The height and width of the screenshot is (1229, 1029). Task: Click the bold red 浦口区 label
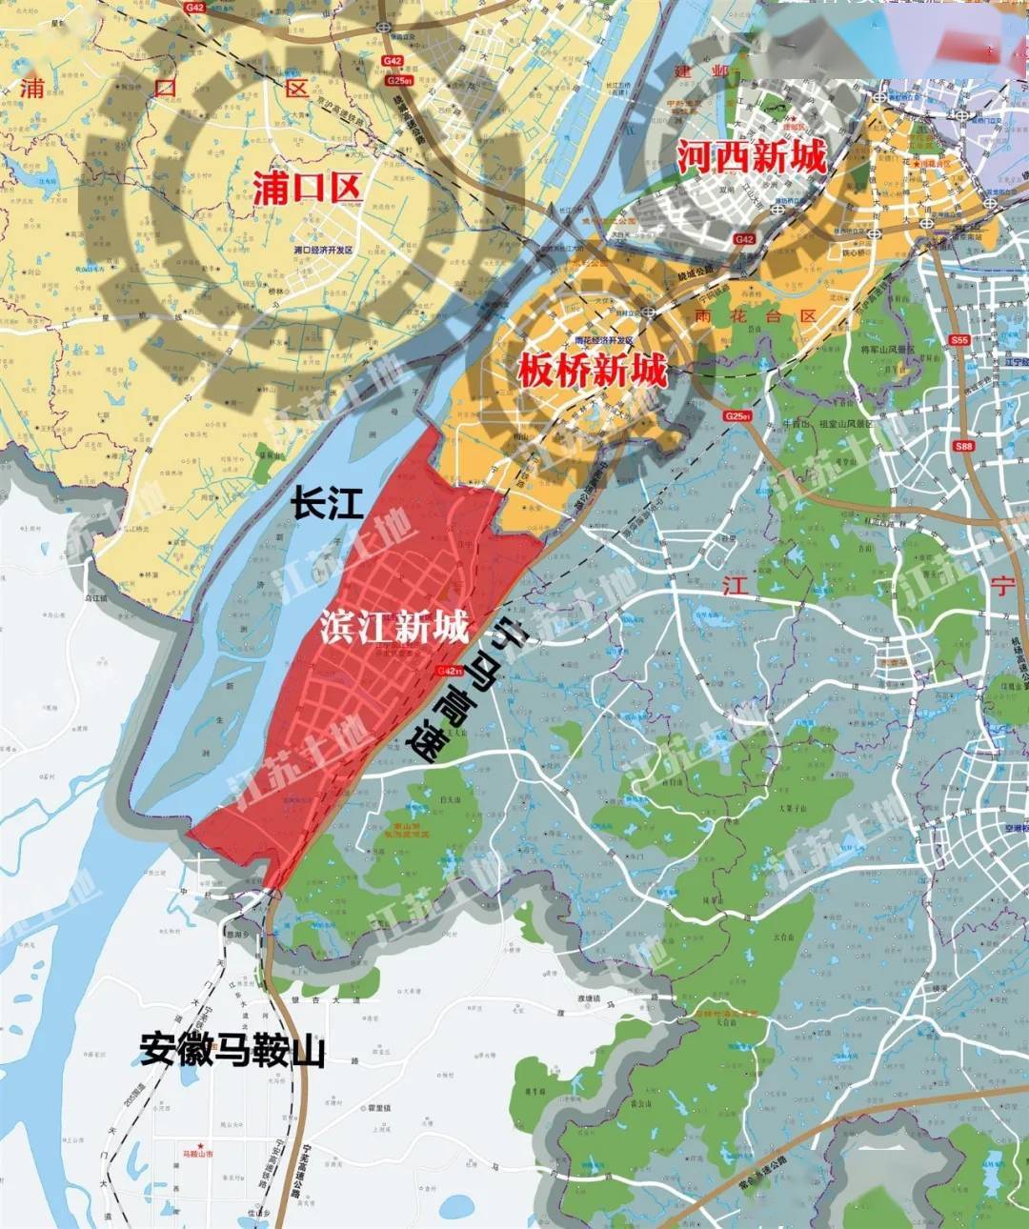pos(307,187)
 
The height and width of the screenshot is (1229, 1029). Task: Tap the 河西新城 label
pos(752,155)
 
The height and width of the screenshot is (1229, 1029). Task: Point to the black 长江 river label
pos(328,504)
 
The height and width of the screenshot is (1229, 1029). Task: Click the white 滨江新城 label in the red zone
pos(394,627)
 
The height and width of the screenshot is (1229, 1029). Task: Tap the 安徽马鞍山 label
pos(232,1050)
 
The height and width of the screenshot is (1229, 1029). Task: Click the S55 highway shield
pos(959,339)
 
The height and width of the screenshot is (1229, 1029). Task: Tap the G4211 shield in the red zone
pos(448,671)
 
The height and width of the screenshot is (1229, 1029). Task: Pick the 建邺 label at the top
pos(700,71)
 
